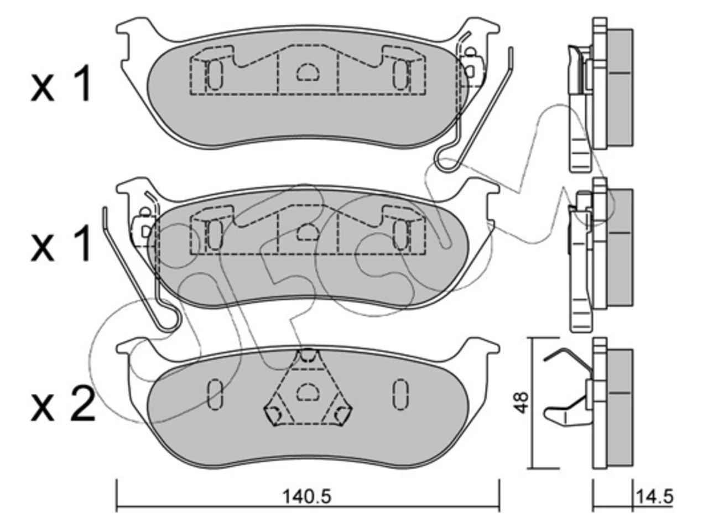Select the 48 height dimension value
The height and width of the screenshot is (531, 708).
(x=522, y=402)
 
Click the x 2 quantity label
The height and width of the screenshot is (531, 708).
(x=63, y=404)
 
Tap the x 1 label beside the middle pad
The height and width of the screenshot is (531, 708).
(x=61, y=243)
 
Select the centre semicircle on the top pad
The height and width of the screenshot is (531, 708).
(x=308, y=71)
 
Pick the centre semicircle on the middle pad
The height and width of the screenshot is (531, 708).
(x=308, y=232)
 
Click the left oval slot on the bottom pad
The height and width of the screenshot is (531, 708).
(x=215, y=394)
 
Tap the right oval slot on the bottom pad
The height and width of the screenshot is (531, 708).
(x=400, y=394)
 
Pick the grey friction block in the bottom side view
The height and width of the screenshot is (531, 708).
(x=619, y=407)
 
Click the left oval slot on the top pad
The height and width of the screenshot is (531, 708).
(x=215, y=75)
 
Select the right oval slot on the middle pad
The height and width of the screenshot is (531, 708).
(x=400, y=236)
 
